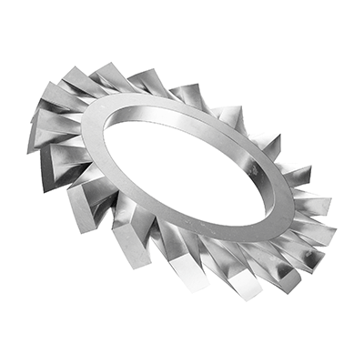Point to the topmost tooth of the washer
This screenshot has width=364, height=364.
coord(109,71)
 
